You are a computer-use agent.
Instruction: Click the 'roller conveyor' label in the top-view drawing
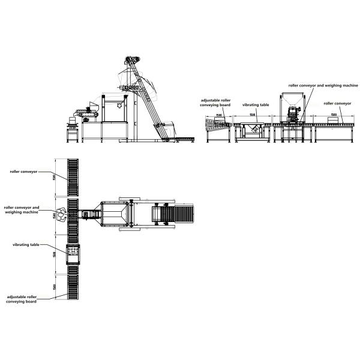[x=23, y=171]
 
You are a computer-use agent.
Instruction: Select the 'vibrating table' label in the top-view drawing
[x=26, y=244]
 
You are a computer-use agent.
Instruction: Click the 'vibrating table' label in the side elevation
[x=256, y=104]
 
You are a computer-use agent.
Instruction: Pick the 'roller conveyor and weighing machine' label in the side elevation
[x=323, y=86]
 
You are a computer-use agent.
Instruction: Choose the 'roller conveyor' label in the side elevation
[x=337, y=103]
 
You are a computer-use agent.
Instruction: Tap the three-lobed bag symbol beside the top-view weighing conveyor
[x=61, y=215]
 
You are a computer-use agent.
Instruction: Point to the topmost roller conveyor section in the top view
[x=73, y=177]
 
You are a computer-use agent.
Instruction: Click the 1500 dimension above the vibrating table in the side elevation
[x=253, y=114]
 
